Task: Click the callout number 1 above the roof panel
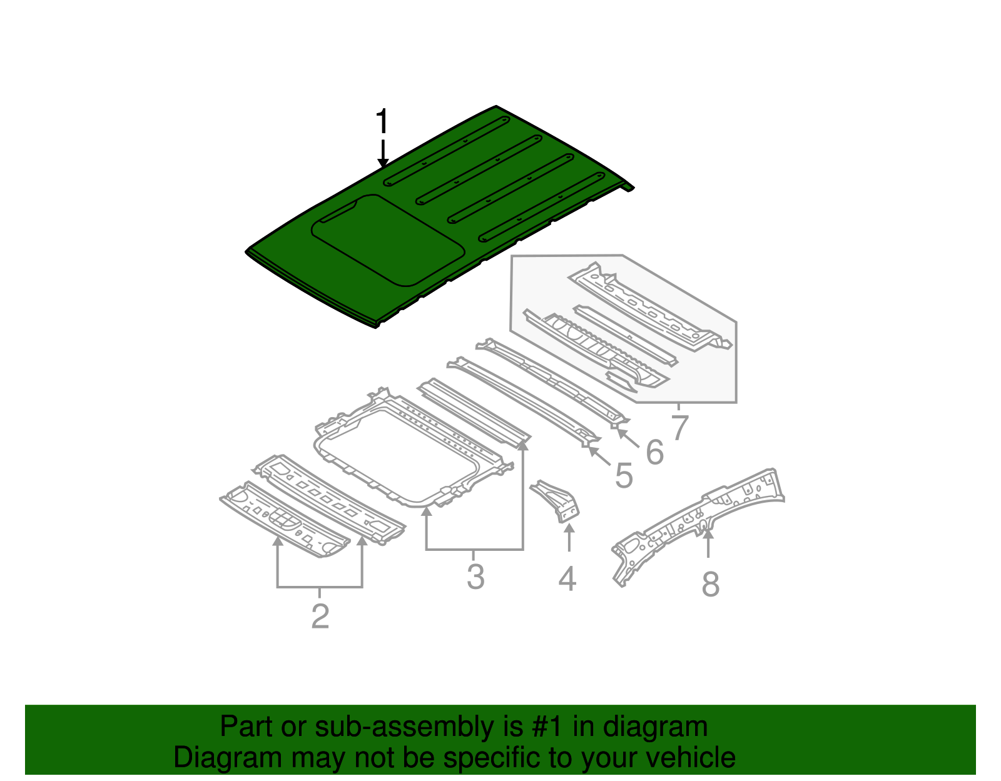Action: click(382, 122)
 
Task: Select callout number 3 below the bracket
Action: click(475, 577)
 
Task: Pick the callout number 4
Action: click(567, 579)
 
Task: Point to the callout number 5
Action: click(624, 476)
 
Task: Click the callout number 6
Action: click(654, 452)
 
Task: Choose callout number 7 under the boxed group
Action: click(679, 428)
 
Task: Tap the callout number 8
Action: click(710, 585)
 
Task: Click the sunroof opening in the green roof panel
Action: click(388, 241)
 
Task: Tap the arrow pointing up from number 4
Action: click(569, 538)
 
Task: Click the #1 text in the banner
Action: click(547, 727)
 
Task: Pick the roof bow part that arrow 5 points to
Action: click(526, 400)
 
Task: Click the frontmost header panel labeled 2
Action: click(285, 519)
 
